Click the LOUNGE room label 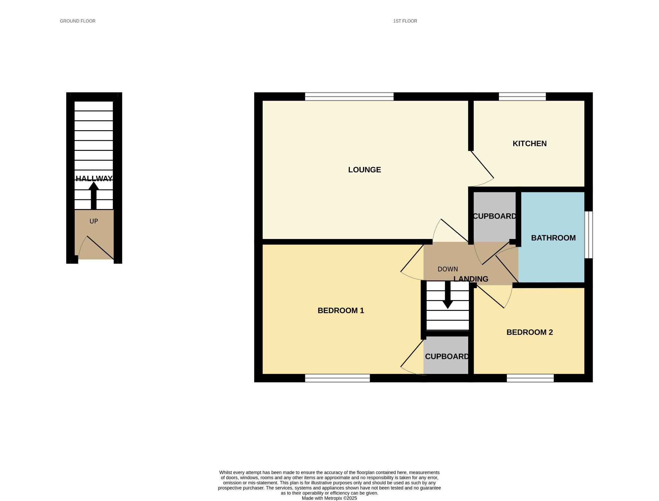click(x=364, y=170)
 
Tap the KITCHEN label click(x=529, y=144)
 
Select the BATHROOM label click(x=553, y=238)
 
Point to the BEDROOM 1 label click(x=340, y=311)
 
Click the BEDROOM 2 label click(x=529, y=332)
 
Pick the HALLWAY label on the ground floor click(x=94, y=178)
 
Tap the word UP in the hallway click(x=94, y=221)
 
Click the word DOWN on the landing click(x=448, y=269)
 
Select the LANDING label click(x=471, y=279)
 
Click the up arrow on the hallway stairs click(x=94, y=196)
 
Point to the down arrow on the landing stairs click(x=448, y=295)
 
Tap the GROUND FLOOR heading click(x=78, y=21)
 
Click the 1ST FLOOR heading click(x=405, y=21)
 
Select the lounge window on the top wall click(x=349, y=96)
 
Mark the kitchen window click(x=522, y=96)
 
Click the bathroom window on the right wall click(x=589, y=235)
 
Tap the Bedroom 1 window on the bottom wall click(x=337, y=378)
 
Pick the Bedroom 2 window click(x=530, y=378)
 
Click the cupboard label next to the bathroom click(x=495, y=216)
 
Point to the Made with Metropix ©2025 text click(x=329, y=498)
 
